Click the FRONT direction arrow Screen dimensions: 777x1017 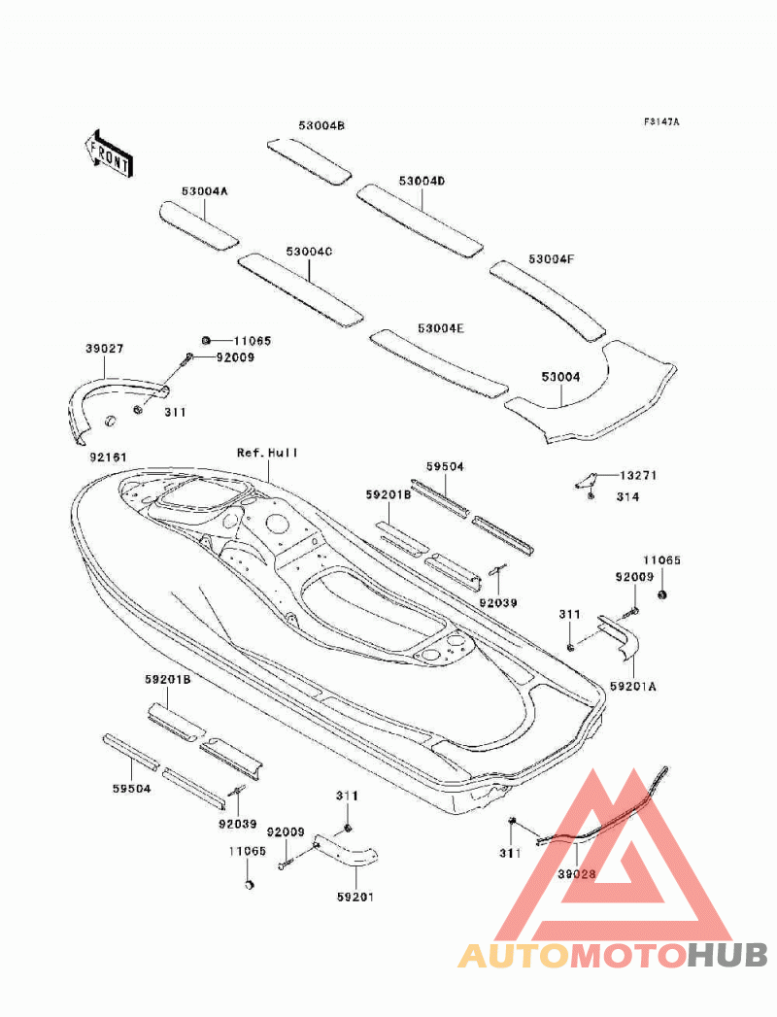point(109,153)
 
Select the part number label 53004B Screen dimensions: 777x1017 point(321,126)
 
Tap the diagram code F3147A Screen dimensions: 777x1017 point(661,122)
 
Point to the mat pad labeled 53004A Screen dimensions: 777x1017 point(198,225)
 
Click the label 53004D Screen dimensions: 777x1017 point(422,181)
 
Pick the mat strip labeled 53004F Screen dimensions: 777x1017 point(548,299)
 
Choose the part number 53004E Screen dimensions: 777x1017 point(441,328)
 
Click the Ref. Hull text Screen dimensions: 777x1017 point(267,453)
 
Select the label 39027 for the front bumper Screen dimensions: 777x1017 point(105,349)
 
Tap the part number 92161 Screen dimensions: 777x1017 point(109,458)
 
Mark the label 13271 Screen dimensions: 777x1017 point(638,475)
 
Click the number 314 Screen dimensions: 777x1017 point(627,496)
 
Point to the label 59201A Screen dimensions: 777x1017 point(633,686)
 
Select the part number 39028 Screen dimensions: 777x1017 point(577,873)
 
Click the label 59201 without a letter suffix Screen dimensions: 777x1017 point(355,897)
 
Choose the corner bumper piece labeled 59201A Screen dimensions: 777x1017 point(619,636)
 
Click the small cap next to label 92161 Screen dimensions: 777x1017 point(111,420)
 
